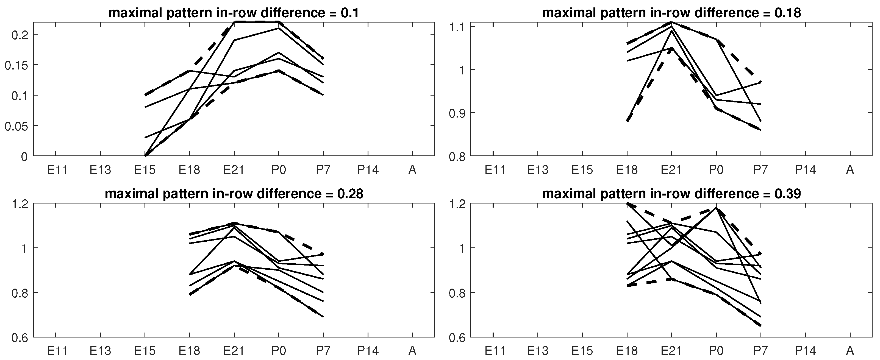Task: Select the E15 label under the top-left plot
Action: (145, 170)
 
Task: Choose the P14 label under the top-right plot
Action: (805, 170)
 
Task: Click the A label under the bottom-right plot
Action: (850, 350)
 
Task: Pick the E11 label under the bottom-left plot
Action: (57, 350)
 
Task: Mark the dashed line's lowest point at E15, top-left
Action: (145, 156)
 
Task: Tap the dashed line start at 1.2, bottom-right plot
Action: (627, 203)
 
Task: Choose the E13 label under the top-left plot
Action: (101, 170)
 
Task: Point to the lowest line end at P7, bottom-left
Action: (323, 317)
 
